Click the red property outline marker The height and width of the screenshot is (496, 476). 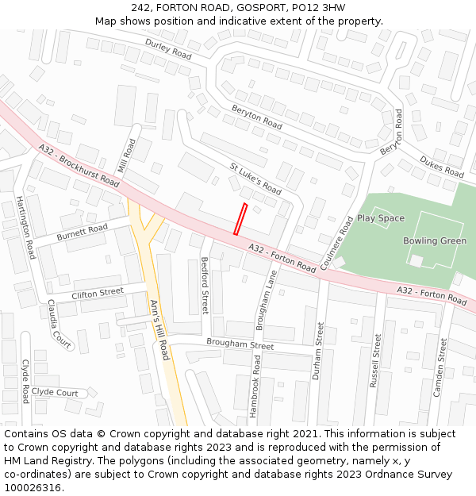click(240, 220)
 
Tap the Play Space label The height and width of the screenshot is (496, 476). click(380, 218)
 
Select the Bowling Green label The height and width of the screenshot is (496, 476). click(435, 241)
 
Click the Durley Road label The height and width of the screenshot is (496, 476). click(168, 50)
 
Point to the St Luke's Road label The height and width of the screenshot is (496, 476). click(255, 179)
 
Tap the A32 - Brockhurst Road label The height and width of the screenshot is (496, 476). click(79, 166)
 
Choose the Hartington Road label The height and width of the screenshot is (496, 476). click(25, 228)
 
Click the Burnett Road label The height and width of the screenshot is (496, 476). click(82, 233)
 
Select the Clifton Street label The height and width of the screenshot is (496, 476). click(98, 294)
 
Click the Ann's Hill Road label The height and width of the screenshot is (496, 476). click(159, 329)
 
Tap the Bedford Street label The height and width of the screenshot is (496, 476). click(205, 285)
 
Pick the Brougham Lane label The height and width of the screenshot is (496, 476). click(267, 294)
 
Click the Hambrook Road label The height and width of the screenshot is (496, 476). click(255, 386)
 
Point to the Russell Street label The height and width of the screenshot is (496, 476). click(375, 360)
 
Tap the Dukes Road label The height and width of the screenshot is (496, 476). click(442, 167)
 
